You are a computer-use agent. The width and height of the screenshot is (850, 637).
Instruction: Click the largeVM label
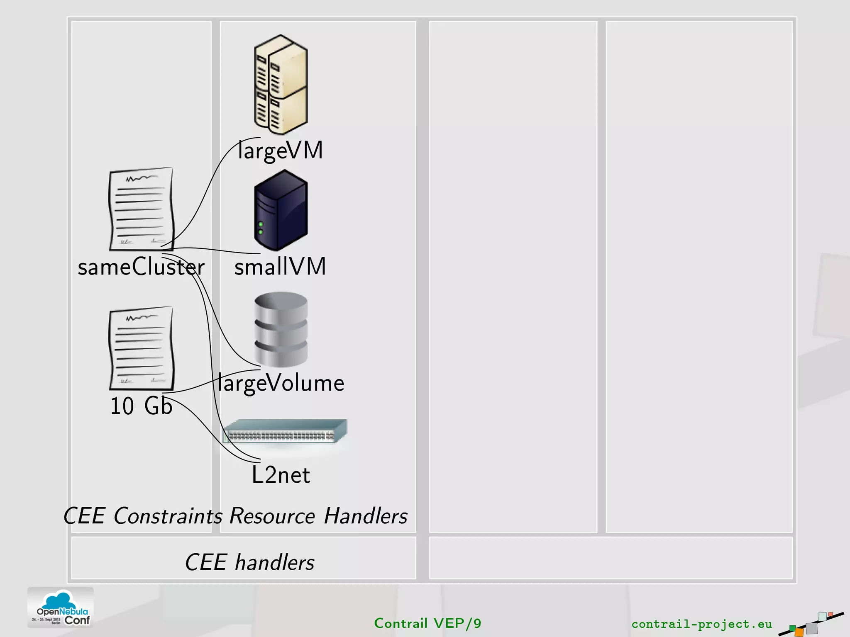pyautogui.click(x=281, y=151)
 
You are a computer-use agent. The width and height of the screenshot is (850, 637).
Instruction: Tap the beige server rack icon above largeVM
pyautogui.click(x=281, y=85)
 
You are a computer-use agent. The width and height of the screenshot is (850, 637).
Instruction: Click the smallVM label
pyautogui.click(x=281, y=266)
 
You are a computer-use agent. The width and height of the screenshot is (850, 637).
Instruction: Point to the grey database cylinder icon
pyautogui.click(x=281, y=329)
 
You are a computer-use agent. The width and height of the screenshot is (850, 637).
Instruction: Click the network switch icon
pyautogui.click(x=285, y=431)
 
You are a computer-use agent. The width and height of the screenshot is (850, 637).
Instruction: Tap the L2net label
pyautogui.click(x=281, y=475)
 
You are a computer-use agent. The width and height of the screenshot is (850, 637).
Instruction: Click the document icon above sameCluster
pyautogui.click(x=141, y=209)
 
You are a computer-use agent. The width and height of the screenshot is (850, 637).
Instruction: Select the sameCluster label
pyautogui.click(x=141, y=267)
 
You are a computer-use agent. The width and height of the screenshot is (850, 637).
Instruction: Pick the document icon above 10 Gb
pyautogui.click(x=141, y=348)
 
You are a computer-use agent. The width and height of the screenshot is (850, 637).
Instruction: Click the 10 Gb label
pyautogui.click(x=141, y=406)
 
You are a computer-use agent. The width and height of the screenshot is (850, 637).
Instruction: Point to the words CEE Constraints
pyautogui.click(x=143, y=516)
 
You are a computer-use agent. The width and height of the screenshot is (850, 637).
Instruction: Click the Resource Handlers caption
pyautogui.click(x=318, y=516)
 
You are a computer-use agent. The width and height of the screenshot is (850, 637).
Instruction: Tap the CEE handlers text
pyautogui.click(x=249, y=562)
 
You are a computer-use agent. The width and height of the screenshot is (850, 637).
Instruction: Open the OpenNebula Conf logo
pyautogui.click(x=61, y=608)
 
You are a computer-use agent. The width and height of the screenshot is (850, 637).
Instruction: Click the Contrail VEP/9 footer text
pyautogui.click(x=427, y=623)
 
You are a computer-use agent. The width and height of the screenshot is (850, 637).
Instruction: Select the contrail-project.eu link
pyautogui.click(x=701, y=624)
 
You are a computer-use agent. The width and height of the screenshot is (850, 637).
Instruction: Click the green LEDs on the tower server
pyautogui.click(x=261, y=228)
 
